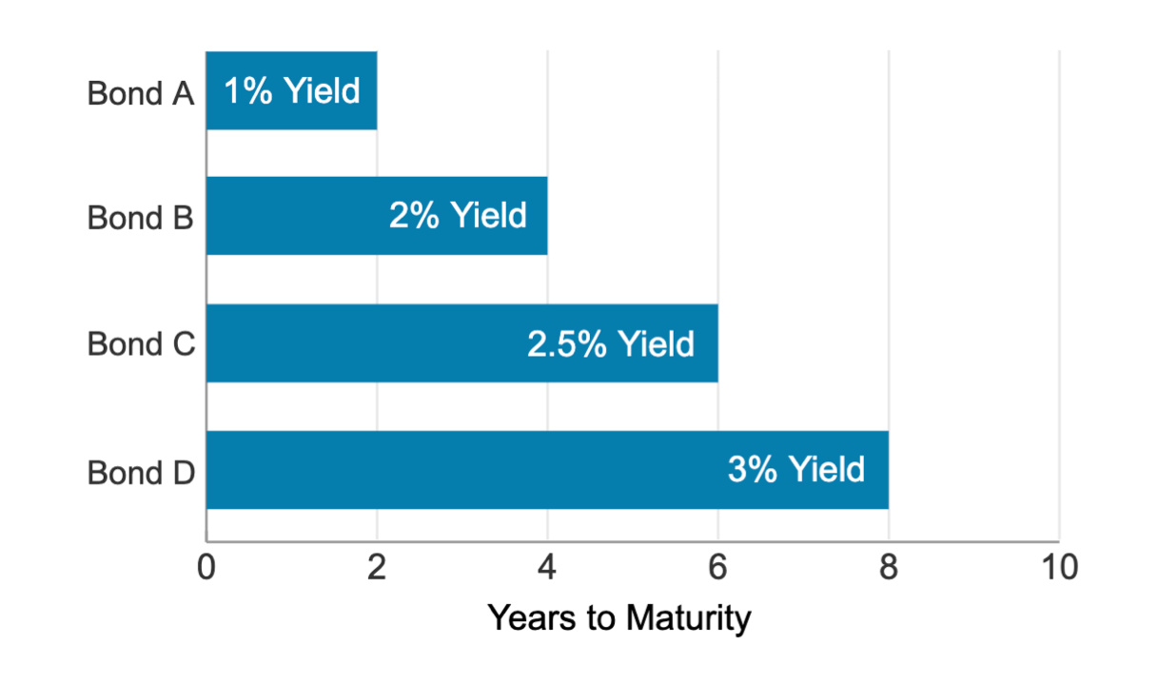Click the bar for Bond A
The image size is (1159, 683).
291,90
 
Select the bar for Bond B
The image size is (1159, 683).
376,216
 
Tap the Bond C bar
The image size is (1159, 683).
462,343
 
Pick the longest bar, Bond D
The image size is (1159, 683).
547,470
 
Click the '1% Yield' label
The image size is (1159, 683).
292,91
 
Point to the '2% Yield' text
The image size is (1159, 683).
458,216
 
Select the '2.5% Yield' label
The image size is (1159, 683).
611,343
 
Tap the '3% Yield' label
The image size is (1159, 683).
796,470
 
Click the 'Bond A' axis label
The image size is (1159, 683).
140,93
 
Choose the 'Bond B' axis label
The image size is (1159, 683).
140,218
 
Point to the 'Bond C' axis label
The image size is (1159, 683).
140,343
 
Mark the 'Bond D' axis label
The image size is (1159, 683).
140,472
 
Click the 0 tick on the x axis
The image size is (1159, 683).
206,568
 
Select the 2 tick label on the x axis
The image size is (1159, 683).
377,568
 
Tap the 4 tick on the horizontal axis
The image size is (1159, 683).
547,568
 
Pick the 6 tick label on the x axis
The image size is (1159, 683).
717,568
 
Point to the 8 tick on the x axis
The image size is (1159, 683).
888,568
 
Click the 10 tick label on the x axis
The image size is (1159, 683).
1058,568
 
